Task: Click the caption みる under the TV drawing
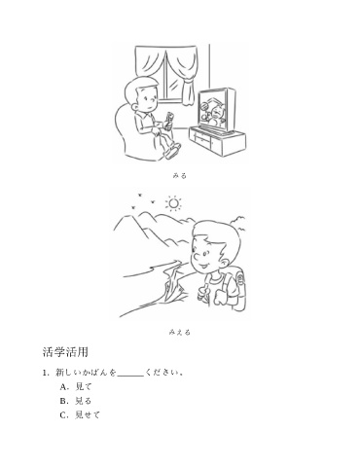pyautogui.click(x=179, y=176)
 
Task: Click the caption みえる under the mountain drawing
pyautogui.click(x=179, y=332)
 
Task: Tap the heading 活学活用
pyautogui.click(x=65, y=352)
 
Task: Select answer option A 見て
pyautogui.click(x=76, y=386)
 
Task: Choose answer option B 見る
pyautogui.click(x=76, y=401)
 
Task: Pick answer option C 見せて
pyautogui.click(x=80, y=415)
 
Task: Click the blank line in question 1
pyautogui.click(x=130, y=377)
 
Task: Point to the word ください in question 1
pyautogui.click(x=162, y=373)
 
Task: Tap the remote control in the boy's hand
pyautogui.click(x=169, y=121)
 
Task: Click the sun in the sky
pyautogui.click(x=174, y=203)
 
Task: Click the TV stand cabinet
pyautogui.click(x=217, y=142)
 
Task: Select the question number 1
pyautogui.click(x=46, y=373)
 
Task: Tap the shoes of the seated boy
pyautogui.click(x=173, y=151)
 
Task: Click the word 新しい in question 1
pyautogui.click(x=67, y=373)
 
